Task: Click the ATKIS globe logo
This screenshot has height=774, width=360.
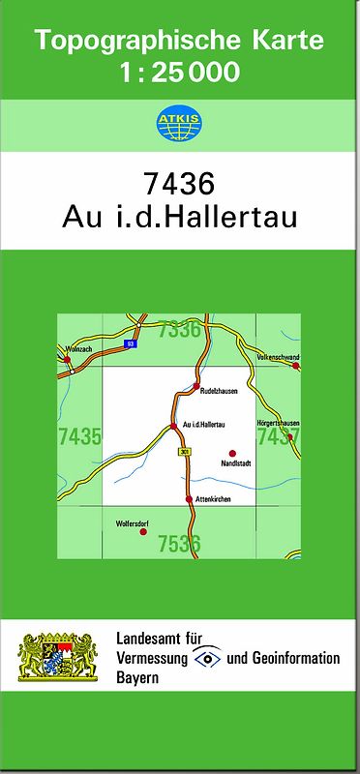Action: [179, 123]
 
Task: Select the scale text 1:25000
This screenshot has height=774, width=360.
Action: [179, 73]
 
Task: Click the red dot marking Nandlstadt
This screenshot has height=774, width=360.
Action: [232, 453]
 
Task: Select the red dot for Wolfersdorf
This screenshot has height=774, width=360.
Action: [143, 532]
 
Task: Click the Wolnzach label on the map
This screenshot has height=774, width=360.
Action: [76, 348]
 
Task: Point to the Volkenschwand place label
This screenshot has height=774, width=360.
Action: [278, 357]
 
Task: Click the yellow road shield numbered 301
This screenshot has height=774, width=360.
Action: [184, 452]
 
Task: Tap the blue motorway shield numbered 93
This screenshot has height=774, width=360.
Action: [129, 343]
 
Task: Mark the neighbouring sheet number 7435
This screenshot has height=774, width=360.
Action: [79, 436]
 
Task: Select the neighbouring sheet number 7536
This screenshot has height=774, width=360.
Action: [179, 544]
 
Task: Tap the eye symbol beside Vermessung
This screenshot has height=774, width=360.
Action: [207, 658]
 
